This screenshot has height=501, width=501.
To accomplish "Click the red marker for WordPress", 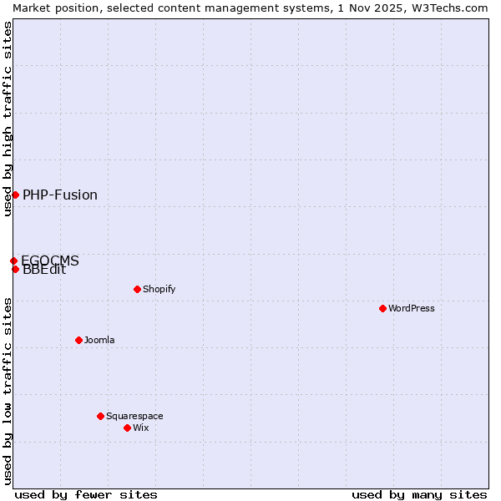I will pos(382,308).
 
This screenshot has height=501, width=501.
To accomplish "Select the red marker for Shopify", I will pos(137,289).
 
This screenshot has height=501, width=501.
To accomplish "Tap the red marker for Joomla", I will pos(78,340).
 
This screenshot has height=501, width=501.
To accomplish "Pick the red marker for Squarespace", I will pos(100,416).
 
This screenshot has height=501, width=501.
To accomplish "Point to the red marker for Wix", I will pos(127,428).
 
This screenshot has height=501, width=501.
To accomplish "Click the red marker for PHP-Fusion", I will pos(15,195).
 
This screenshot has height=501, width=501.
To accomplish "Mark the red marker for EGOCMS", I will pos(13,261).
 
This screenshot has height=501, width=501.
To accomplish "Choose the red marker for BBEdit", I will pos(15,269).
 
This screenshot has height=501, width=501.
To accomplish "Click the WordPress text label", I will pos(412,308).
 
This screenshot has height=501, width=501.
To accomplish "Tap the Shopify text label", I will pos(159,289).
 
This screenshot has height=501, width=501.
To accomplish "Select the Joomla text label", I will pos(99,340).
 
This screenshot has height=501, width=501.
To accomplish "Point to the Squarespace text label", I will pos(134,416).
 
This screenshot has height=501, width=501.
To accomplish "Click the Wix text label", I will pos(141,428).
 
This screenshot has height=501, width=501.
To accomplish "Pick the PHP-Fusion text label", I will pos(60,195).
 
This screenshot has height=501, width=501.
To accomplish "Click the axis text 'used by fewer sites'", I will pos(86,494).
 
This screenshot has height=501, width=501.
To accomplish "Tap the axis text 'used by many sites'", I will pos(419,494).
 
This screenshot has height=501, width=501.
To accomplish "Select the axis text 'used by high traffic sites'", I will pos(8,119).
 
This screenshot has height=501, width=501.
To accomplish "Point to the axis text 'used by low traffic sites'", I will pos(8,390).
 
